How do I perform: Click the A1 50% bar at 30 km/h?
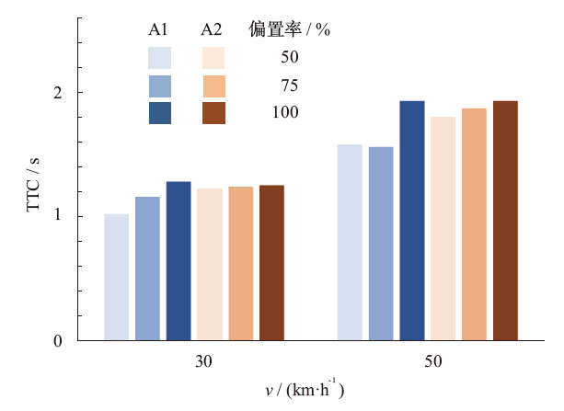pyautogui.click(x=117, y=277)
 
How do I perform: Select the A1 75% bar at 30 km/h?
pyautogui.click(x=147, y=268)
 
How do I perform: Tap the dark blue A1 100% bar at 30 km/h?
pyautogui.click(x=178, y=261)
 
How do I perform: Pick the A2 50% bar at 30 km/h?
pyautogui.click(x=210, y=265)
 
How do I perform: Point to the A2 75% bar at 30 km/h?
pyautogui.click(x=241, y=264)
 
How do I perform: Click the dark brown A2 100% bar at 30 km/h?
pyautogui.click(x=271, y=263)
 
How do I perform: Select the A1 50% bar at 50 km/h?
pyautogui.click(x=350, y=243)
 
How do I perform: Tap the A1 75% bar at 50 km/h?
pyautogui.click(x=381, y=244)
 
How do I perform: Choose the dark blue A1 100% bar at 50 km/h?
pyautogui.click(x=412, y=221)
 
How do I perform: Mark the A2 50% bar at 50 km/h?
pyautogui.click(x=443, y=229)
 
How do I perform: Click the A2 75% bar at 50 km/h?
pyautogui.click(x=474, y=224)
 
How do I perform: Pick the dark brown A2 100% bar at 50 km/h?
pyautogui.click(x=505, y=221)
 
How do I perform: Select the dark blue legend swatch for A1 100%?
pyautogui.click(x=160, y=113)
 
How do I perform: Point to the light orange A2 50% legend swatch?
pyautogui.click(x=213, y=58)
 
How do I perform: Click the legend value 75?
pyautogui.click(x=290, y=86)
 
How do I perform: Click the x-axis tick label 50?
pyautogui.click(x=432, y=361)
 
